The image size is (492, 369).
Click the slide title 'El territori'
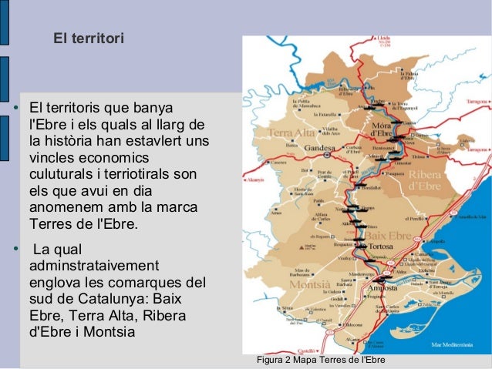point(88,37)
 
